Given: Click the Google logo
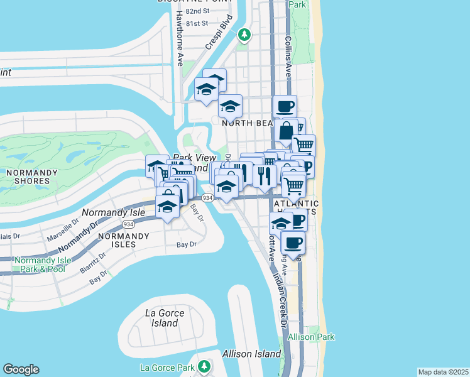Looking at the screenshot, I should [x=21, y=369].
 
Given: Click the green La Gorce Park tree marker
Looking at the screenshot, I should [x=203, y=366].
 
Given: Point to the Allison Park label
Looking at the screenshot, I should [x=311, y=337].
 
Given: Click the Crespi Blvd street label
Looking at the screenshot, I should [x=219, y=39].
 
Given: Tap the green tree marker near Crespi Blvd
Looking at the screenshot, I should [x=244, y=35].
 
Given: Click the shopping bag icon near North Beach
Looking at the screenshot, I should [x=286, y=131].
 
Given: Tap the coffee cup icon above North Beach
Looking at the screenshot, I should [x=285, y=106].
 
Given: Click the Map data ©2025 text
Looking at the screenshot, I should [x=442, y=372].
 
